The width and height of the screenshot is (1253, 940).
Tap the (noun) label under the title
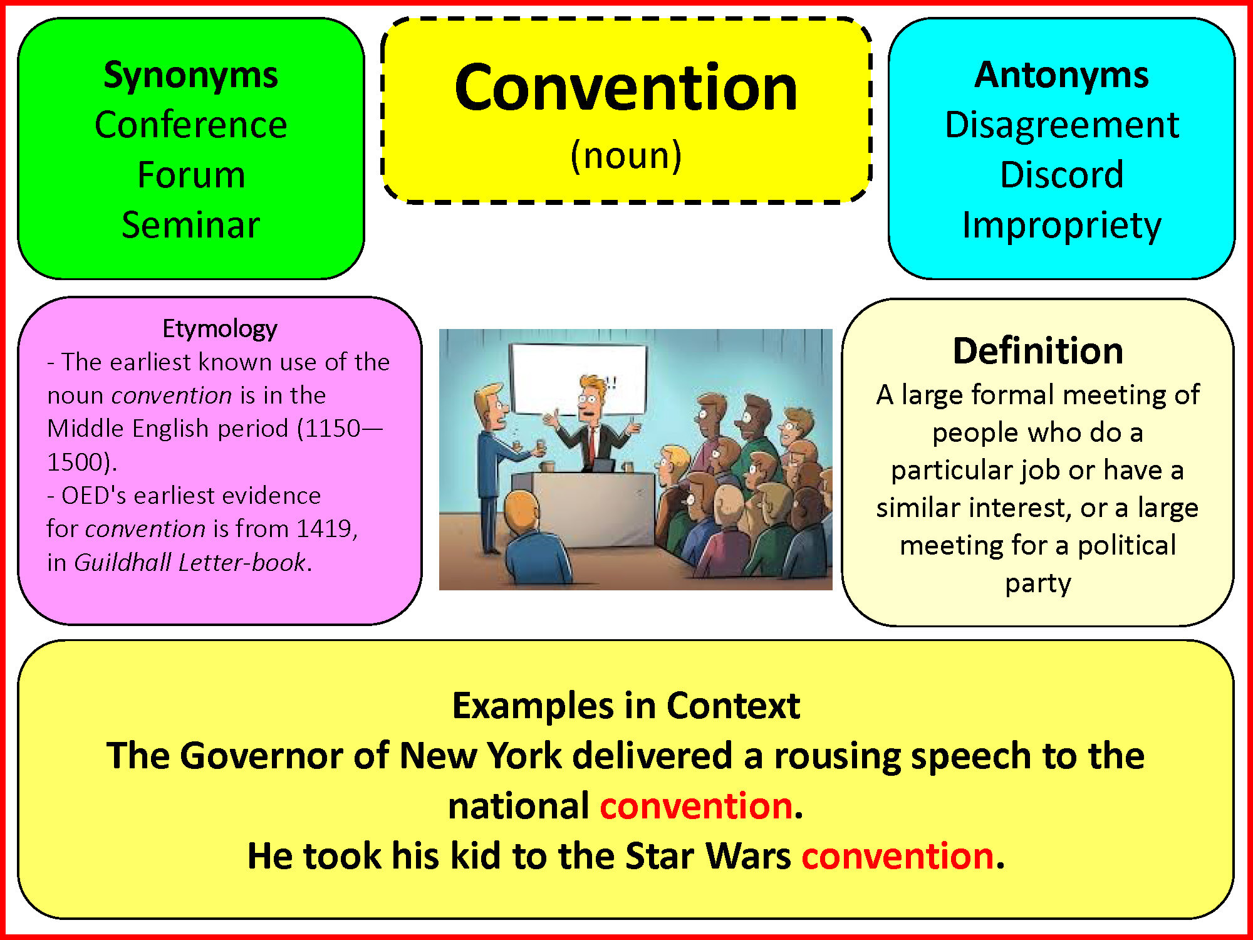point(626,155)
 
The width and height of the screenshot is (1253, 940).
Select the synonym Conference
point(191,125)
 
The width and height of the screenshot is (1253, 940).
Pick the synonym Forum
point(191,175)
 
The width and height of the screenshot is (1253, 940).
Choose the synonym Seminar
point(191,225)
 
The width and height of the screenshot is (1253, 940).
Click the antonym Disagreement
point(1062,125)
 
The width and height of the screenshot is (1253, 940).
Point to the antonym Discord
point(1062,175)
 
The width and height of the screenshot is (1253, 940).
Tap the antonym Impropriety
point(1062,226)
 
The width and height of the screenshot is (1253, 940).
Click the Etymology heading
point(220,329)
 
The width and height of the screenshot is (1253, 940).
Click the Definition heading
point(1038,350)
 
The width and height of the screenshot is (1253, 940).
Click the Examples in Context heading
point(626,706)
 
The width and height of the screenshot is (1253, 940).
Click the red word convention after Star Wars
point(898,855)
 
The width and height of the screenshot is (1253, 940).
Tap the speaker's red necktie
point(590,442)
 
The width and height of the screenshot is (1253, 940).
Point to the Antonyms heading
point(1062,75)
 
